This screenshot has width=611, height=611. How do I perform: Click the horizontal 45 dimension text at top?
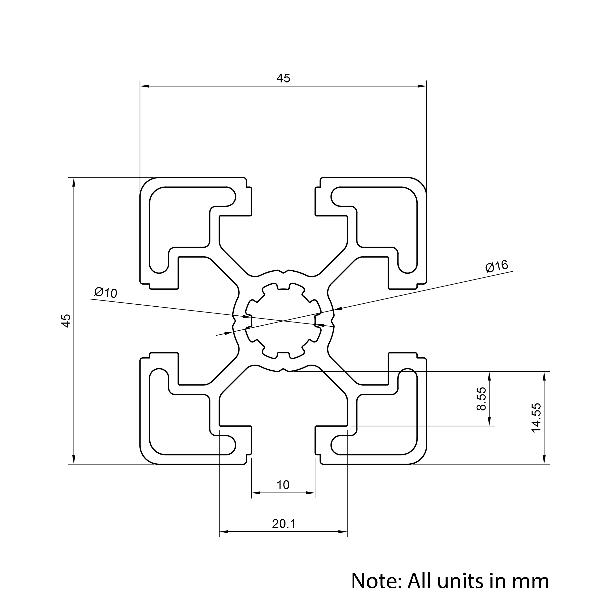point(283,78)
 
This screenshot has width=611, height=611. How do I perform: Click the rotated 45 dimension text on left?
point(66,321)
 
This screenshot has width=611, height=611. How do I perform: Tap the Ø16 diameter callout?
point(497,266)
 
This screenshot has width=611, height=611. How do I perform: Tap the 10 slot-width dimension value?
point(283,485)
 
